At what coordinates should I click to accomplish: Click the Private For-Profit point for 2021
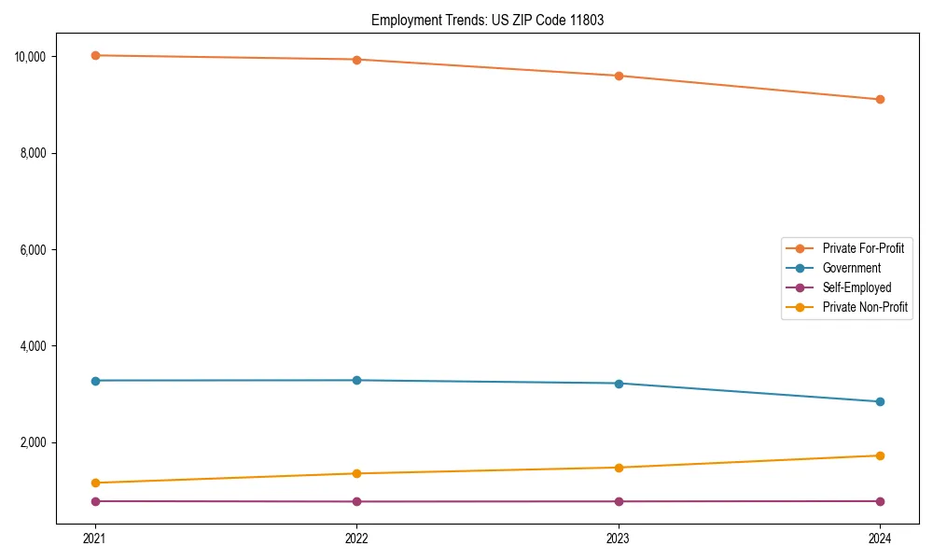click(94, 55)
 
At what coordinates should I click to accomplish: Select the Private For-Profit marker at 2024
click(880, 99)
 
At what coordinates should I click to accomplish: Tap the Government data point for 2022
click(356, 380)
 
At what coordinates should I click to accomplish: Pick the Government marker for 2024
click(880, 401)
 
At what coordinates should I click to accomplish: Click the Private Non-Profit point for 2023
click(619, 468)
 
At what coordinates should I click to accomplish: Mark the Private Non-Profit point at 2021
click(94, 483)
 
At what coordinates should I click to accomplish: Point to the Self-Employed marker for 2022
click(356, 501)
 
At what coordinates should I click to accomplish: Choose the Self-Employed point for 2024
click(880, 501)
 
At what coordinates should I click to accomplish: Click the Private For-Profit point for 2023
click(619, 76)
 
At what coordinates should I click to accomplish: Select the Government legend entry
click(851, 268)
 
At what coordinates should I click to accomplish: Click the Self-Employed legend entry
click(856, 287)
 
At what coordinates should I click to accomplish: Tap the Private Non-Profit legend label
click(865, 307)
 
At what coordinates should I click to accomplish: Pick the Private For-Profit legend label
click(863, 248)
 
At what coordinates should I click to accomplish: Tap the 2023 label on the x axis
click(619, 538)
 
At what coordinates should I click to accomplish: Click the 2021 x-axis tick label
click(94, 538)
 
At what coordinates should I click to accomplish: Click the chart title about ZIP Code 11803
click(487, 20)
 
